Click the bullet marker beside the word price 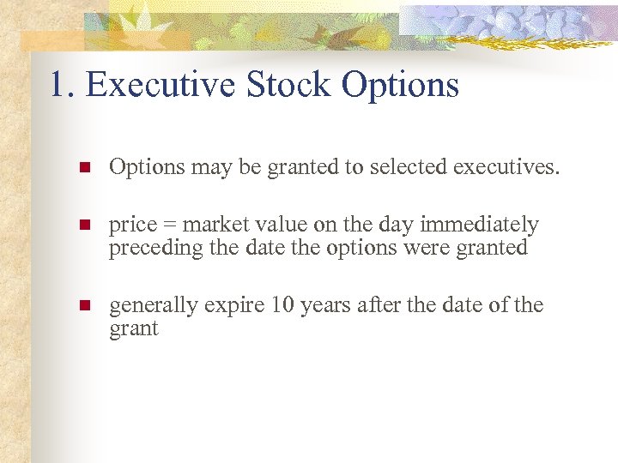[83, 225]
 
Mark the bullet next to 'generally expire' [83, 306]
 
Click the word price [133, 225]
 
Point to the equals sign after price [170, 225]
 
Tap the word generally [151, 306]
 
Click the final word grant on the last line [134, 329]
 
